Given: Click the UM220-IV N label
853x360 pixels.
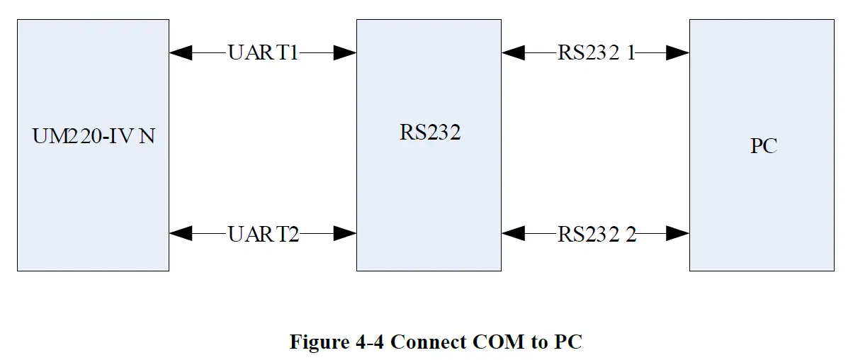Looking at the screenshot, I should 94,137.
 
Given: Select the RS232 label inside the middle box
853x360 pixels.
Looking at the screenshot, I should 430,133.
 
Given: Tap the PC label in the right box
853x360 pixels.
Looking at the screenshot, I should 764,146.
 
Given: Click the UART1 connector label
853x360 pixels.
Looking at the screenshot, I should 263,52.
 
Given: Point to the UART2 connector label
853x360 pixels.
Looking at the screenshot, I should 263,233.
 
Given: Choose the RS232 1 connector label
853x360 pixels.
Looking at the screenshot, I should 597,52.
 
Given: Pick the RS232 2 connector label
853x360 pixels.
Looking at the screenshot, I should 597,233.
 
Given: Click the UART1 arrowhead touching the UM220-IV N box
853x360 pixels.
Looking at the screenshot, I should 181,52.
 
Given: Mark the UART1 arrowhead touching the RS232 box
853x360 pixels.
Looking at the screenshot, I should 345,52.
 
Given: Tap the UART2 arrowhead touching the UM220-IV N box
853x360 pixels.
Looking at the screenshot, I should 181,233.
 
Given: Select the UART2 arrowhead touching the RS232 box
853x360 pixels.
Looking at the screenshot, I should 345,233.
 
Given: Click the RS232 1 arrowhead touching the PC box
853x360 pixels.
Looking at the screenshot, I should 678,52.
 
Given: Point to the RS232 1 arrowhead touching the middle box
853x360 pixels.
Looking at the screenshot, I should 512,52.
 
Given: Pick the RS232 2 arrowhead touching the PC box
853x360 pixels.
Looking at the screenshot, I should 678,233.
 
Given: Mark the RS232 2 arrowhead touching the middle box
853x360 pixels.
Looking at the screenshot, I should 512,233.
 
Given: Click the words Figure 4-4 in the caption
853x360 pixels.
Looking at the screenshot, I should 337,342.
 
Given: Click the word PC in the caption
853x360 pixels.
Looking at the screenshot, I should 568,342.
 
